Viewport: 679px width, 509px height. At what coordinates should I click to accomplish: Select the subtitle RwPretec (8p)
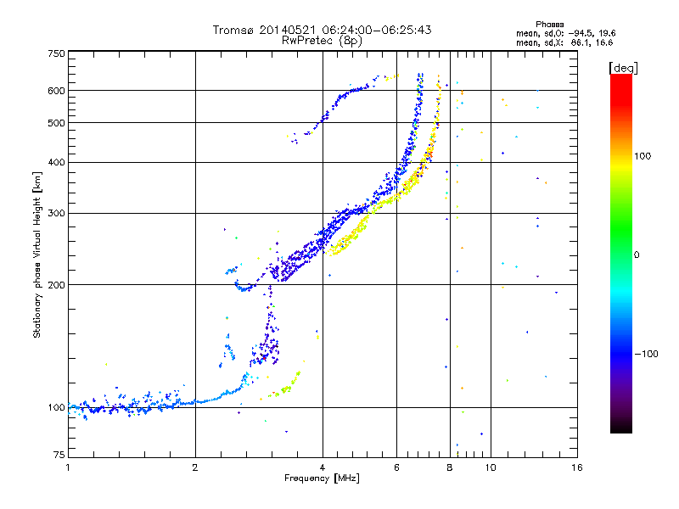click(x=322, y=40)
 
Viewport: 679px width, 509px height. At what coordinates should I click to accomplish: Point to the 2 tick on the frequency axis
click(x=195, y=467)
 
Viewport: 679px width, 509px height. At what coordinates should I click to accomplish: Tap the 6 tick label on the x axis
click(x=396, y=467)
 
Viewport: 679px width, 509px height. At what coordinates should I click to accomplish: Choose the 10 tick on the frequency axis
click(x=491, y=467)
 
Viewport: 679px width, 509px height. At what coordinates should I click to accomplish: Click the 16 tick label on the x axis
click(x=576, y=467)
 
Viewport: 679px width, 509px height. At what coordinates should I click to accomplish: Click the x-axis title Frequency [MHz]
click(x=322, y=478)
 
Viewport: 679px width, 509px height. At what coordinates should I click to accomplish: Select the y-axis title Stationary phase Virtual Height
click(x=37, y=255)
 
